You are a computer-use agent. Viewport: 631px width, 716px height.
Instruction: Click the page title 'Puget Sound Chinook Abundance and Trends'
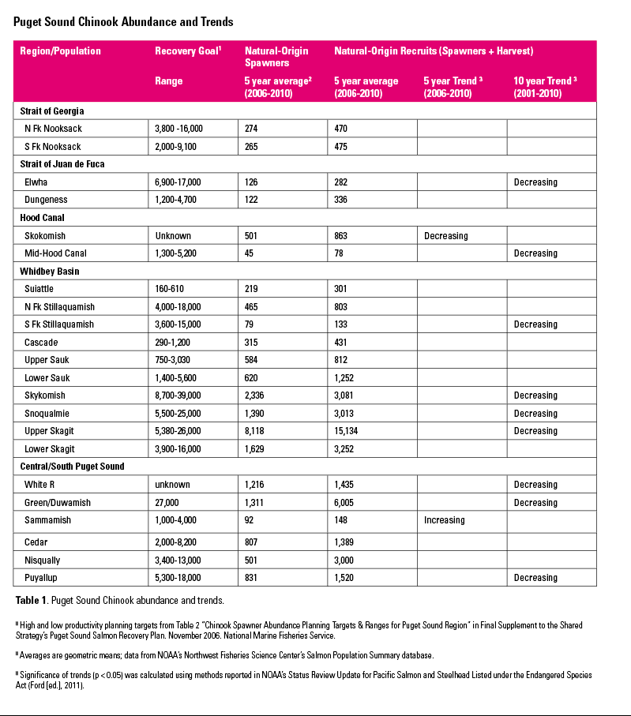[x=123, y=22]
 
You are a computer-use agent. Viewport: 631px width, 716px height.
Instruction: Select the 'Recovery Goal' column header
[x=188, y=51]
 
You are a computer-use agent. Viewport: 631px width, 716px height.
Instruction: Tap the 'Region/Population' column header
[x=61, y=51]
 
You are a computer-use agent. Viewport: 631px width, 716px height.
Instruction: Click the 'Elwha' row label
[x=36, y=182]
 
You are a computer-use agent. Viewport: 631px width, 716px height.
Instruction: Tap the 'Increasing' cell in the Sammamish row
[x=444, y=520]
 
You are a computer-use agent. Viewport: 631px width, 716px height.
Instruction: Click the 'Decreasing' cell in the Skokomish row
[x=445, y=235]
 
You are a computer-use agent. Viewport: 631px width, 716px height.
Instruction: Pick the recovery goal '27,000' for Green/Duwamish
[x=170, y=503]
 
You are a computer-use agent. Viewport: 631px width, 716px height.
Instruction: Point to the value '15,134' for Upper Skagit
[x=351, y=431]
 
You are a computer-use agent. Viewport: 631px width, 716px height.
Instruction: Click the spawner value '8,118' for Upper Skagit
[x=257, y=431]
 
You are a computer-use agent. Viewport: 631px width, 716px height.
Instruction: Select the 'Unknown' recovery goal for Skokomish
[x=173, y=235]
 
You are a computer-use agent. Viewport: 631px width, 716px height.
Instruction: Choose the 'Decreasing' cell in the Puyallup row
[x=535, y=578]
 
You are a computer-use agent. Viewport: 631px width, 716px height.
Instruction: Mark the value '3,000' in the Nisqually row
[x=347, y=560]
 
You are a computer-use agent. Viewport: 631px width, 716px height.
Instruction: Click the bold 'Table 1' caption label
[x=32, y=600]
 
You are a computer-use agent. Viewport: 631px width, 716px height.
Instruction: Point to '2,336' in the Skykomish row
[x=257, y=395]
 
